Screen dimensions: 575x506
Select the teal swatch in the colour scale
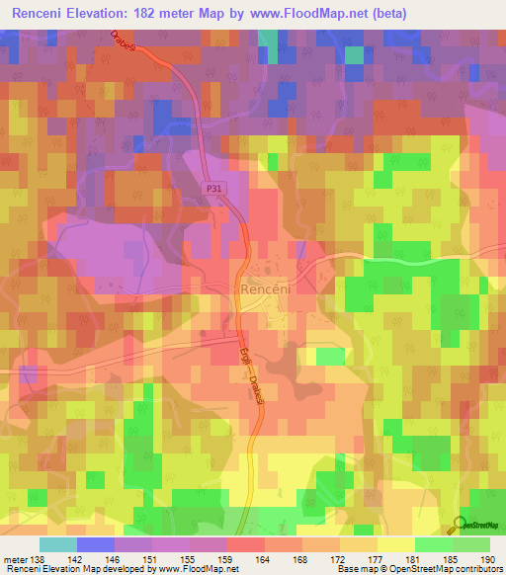58,544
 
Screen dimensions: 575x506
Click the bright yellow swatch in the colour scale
396,544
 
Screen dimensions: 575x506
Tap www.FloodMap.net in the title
299,13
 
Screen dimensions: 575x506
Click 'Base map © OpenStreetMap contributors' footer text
419,568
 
